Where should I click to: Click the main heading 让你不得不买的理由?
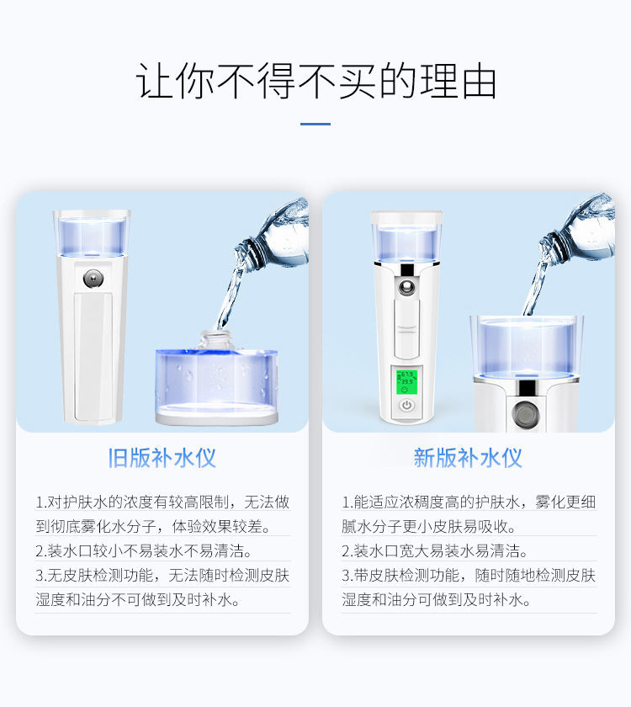pyautogui.click(x=315, y=82)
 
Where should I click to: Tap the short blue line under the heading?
pyautogui.click(x=315, y=125)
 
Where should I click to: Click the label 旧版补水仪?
pyautogui.click(x=162, y=458)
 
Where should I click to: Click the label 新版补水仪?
pyautogui.click(x=468, y=458)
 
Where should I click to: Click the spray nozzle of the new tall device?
pyautogui.click(x=407, y=286)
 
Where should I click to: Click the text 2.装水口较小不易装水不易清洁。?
pyautogui.click(x=144, y=551)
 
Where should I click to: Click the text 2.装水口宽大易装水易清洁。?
pyautogui.click(x=435, y=551)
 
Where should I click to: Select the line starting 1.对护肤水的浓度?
pyautogui.click(x=162, y=502)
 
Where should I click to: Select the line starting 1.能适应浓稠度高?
pyautogui.click(x=469, y=502)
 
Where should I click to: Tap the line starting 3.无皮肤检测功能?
pyautogui.click(x=162, y=576)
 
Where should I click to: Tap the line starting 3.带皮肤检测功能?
pyautogui.click(x=469, y=576)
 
